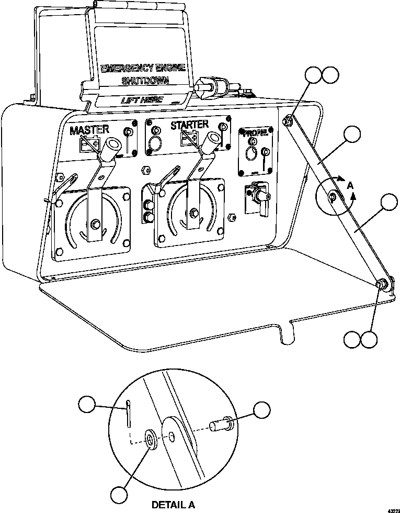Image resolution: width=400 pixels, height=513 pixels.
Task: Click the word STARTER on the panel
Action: click(x=190, y=125)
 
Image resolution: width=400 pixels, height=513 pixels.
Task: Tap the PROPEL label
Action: click(x=255, y=133)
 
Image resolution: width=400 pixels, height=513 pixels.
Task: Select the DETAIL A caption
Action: click(x=173, y=505)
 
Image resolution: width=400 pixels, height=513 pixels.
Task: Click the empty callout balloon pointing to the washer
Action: click(x=120, y=495)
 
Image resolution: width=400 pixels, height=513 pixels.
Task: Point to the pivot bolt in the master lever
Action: click(x=96, y=225)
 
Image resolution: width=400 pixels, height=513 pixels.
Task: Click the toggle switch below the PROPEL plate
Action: click(x=258, y=196)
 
